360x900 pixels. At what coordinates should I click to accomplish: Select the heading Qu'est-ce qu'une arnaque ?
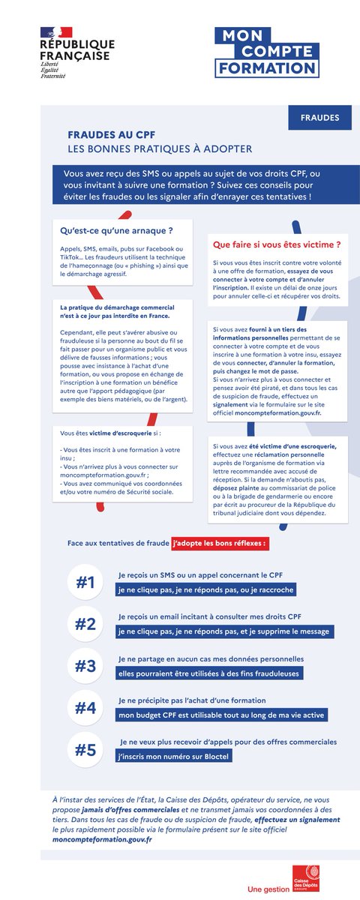coord(116,230)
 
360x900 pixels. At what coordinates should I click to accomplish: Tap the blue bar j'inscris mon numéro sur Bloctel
coord(172,757)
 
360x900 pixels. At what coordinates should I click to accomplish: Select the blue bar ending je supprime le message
coord(223,631)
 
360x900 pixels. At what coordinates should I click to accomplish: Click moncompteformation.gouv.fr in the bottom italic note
coord(102,839)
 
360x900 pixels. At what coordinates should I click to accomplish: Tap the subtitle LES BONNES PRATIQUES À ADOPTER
coord(160,149)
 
